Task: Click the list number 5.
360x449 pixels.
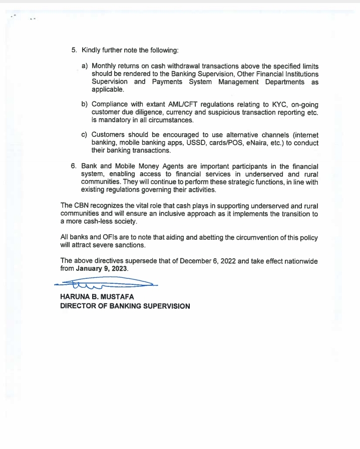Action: [74, 51]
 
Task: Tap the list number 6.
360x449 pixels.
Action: [74, 167]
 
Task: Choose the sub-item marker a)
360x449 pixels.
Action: [85, 66]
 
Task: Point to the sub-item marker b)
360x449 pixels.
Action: [85, 105]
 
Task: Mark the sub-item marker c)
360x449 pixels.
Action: [85, 135]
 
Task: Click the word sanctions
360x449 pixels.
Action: [130, 245]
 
